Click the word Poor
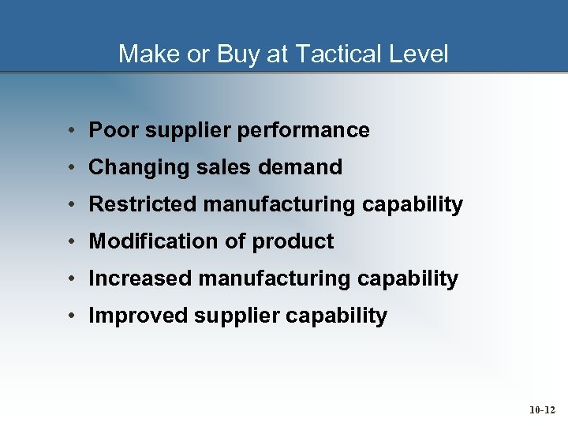pos(111,130)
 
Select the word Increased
pos(140,278)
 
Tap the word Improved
pos(138,316)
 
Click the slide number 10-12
pos(541,410)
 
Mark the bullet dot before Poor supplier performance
pos(71,131)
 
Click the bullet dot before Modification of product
pos(71,242)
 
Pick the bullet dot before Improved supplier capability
pos(71,316)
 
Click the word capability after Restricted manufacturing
pos(413,205)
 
